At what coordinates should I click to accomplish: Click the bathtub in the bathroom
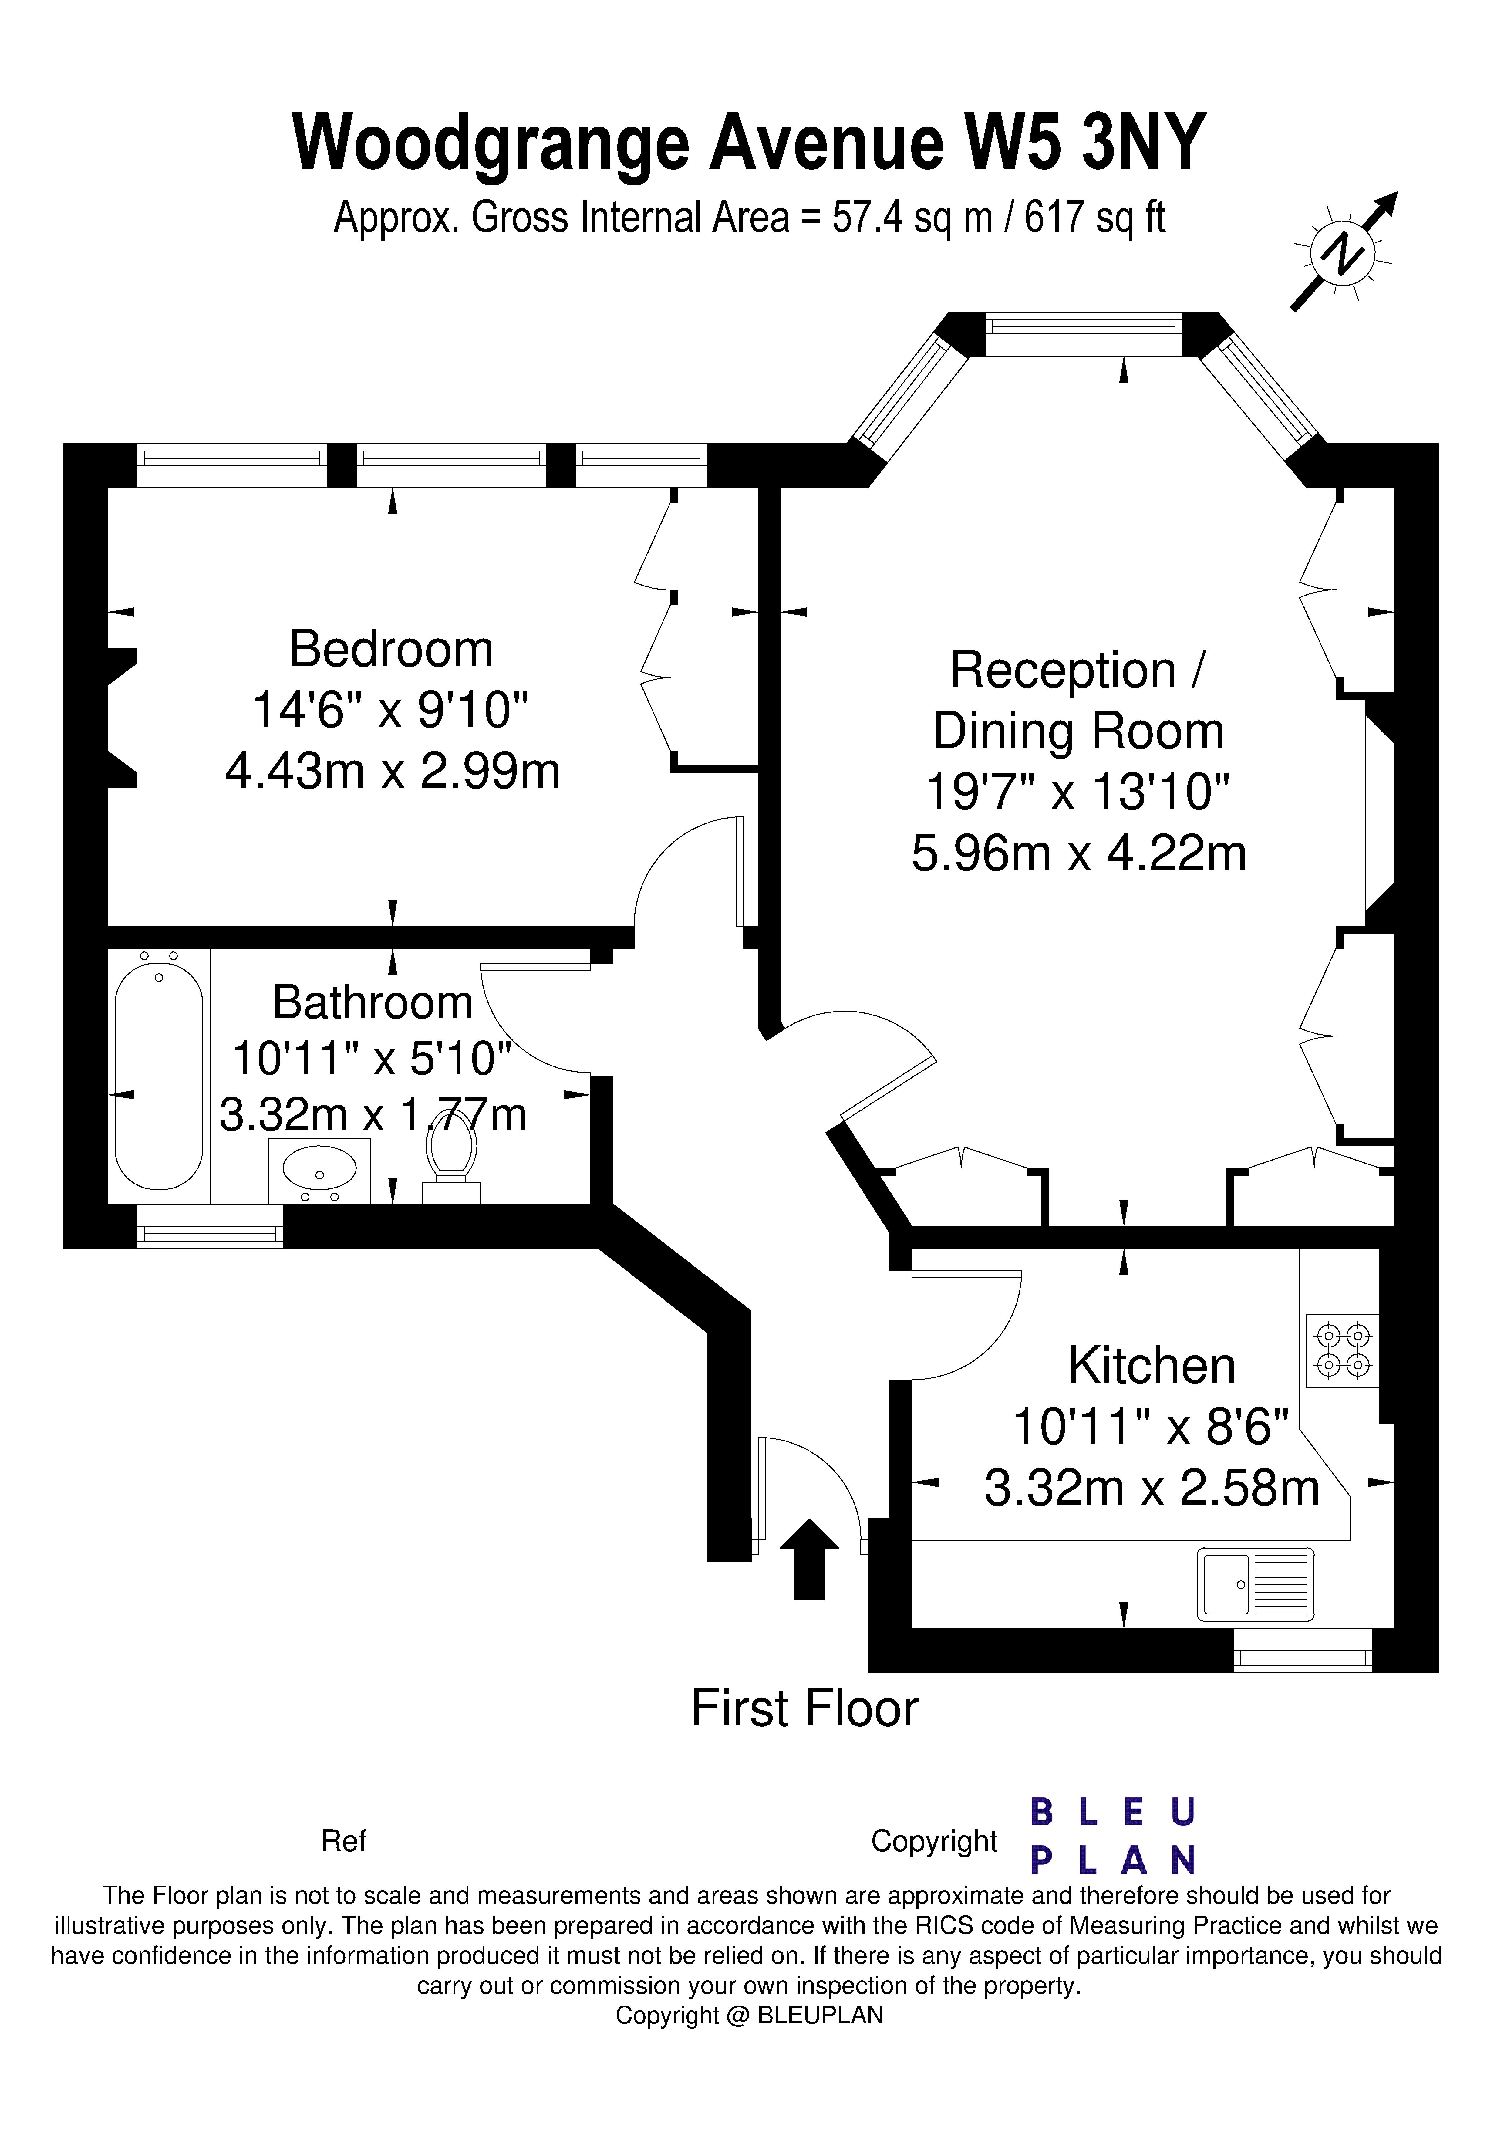159,1076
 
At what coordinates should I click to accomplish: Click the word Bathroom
373,1002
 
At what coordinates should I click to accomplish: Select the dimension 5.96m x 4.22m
1078,853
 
